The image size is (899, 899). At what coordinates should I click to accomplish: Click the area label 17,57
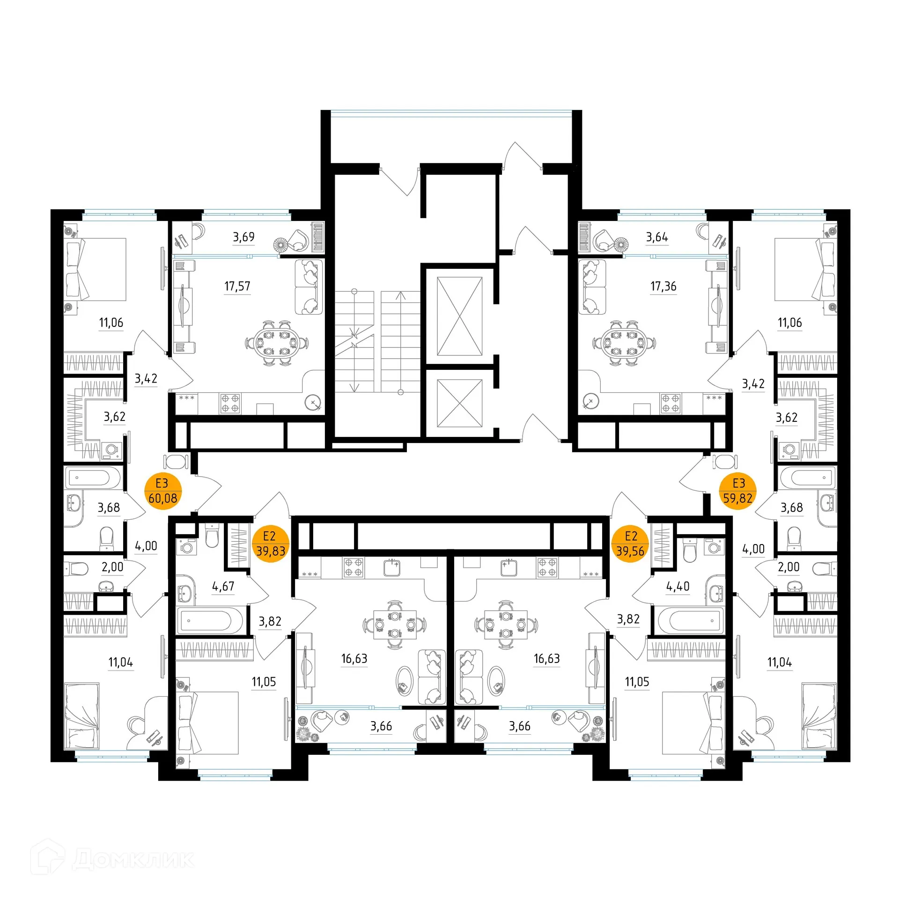[x=237, y=286]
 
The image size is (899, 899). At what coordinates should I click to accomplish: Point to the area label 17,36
[x=663, y=286]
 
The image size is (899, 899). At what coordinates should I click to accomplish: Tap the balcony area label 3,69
[x=243, y=237]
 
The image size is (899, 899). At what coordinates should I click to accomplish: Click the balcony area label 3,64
[x=656, y=237]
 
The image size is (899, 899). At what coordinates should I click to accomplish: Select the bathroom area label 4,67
[x=223, y=586]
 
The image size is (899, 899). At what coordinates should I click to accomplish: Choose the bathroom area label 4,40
[x=678, y=586]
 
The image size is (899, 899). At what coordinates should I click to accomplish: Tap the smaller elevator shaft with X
[x=459, y=403]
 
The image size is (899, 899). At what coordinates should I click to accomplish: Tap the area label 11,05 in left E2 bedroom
[x=264, y=682]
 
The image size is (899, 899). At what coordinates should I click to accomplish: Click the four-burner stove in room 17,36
[x=670, y=403]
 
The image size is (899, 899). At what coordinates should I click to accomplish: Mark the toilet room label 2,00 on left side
[x=112, y=567]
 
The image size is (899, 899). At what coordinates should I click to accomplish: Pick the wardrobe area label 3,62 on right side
[x=786, y=417]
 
